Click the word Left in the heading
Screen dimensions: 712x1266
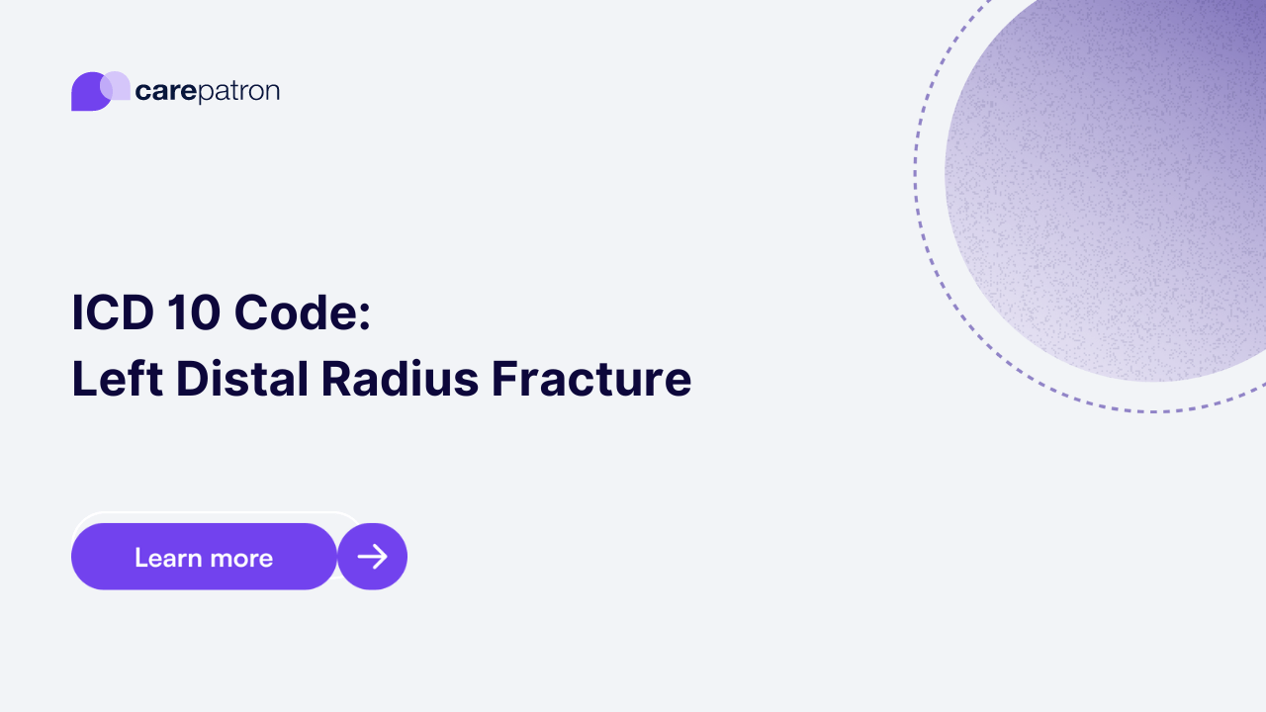(116, 379)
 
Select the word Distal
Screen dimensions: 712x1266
(243, 379)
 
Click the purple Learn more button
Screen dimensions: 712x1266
(204, 557)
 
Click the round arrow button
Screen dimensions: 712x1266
(373, 557)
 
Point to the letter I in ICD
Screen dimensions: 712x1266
(76, 312)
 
